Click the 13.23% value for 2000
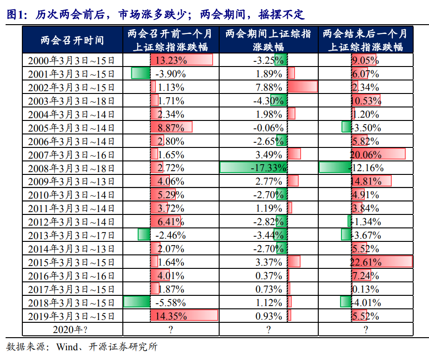coord(171,60)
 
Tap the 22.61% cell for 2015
coord(366,262)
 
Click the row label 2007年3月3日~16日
coord(71,155)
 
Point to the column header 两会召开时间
coord(72,40)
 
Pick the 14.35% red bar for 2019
coord(184,316)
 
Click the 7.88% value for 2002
coord(269,87)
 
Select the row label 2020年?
coord(71,330)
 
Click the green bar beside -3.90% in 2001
coord(141,73)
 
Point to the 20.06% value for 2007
coord(366,154)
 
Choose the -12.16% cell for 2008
coord(368,168)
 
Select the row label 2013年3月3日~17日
coord(71,235)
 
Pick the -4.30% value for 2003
coord(268,100)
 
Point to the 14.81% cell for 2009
coord(366,181)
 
